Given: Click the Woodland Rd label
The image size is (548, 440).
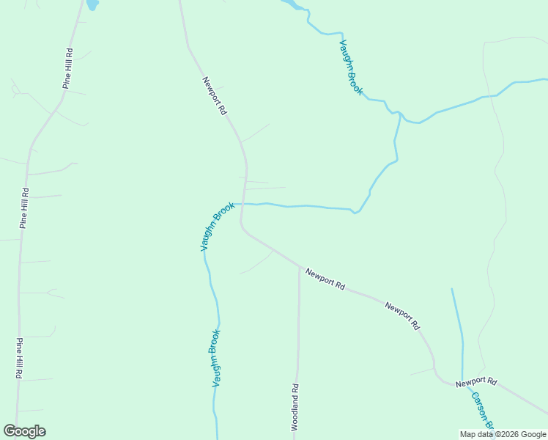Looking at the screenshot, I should tap(295, 407).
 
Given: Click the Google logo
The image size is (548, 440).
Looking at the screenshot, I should tap(24, 431).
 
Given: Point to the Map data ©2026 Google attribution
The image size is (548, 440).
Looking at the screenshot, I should tap(503, 434).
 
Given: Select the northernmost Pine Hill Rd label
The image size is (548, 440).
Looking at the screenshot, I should tap(68, 69).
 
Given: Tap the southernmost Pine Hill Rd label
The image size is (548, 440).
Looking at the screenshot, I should tap(18, 358).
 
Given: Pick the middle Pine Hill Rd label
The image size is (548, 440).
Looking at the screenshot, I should tap(24, 209).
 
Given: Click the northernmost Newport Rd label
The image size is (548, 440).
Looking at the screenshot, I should tap(215, 96).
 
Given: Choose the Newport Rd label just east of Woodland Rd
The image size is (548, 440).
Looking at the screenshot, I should tap(325, 279).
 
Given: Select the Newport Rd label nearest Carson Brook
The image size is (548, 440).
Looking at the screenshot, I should tap(476, 383).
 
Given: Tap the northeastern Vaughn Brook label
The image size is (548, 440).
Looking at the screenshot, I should tap(351, 67).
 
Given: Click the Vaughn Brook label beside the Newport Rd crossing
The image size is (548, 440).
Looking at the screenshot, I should tap(217, 227).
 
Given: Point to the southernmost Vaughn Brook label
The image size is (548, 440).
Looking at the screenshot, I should tap(216, 358).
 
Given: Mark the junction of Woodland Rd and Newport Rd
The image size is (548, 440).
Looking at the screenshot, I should tap(299, 267).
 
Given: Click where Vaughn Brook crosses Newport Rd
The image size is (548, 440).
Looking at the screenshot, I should tap(243, 204).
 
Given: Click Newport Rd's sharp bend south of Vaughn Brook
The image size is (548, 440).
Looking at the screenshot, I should tap(242, 230).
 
